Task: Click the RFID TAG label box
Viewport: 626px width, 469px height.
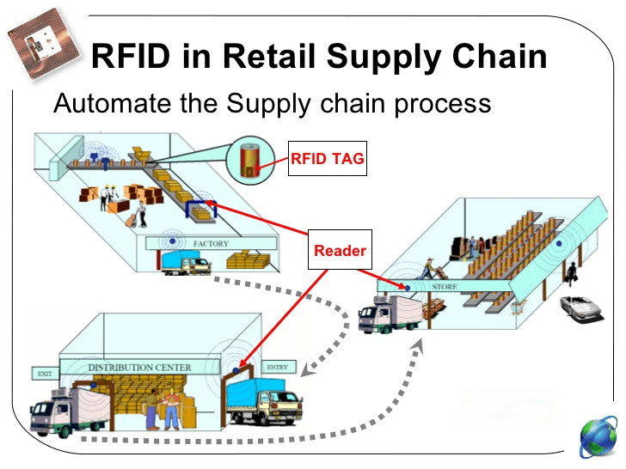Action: tap(328, 158)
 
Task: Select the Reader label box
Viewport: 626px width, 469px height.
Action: tap(340, 250)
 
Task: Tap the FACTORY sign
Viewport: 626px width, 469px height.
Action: tap(211, 243)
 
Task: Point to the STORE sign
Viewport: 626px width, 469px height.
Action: tap(445, 286)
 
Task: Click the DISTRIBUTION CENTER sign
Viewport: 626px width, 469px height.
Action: tap(139, 367)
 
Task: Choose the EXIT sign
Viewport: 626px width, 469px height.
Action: tap(45, 374)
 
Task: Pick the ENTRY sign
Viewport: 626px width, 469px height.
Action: tap(278, 367)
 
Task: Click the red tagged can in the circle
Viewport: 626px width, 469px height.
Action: tap(249, 161)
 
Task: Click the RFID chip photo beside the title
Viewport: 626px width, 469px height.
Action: tap(43, 45)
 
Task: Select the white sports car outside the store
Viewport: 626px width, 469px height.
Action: tap(581, 308)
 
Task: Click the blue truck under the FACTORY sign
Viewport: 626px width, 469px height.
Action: tap(186, 262)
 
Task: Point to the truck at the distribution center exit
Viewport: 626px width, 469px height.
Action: tap(69, 411)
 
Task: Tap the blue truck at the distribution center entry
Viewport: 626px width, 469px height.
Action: tap(263, 401)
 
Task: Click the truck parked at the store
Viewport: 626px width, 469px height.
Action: tap(390, 314)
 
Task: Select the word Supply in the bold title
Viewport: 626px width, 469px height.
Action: tap(384, 57)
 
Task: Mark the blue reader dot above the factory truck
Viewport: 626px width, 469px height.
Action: tap(173, 241)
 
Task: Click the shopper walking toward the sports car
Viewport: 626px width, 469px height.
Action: tap(571, 274)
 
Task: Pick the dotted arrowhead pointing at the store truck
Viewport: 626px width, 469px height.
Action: tap(418, 346)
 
